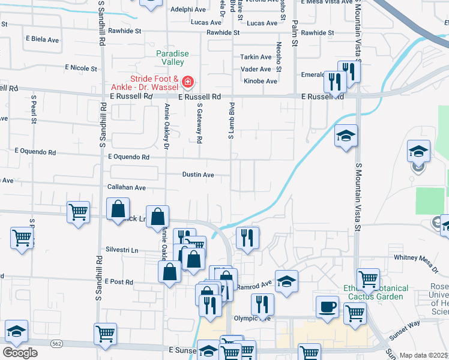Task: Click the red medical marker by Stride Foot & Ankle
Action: click(187, 80)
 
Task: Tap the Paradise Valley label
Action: click(173, 58)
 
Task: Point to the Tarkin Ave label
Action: click(256, 57)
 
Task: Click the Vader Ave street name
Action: click(256, 69)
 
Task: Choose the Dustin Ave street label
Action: click(199, 175)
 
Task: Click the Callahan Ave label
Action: click(127, 187)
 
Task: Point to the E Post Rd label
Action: click(118, 281)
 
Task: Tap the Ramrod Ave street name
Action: click(257, 282)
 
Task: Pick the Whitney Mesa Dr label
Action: click(418, 257)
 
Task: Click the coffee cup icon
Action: click(328, 306)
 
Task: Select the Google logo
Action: click(20, 352)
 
